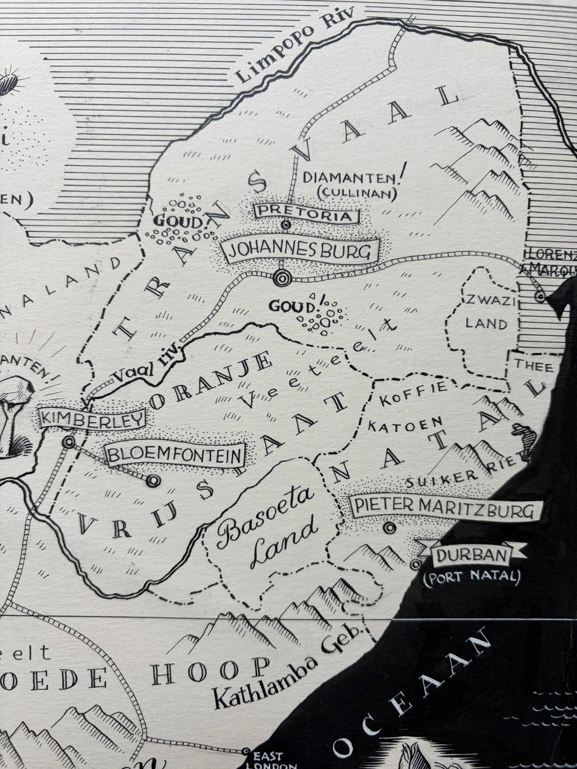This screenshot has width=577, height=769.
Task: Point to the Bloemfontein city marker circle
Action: pyautogui.click(x=153, y=480)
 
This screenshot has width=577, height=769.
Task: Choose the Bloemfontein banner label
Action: pyautogui.click(x=175, y=455)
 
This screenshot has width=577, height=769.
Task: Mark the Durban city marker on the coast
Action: pyautogui.click(x=415, y=564)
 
